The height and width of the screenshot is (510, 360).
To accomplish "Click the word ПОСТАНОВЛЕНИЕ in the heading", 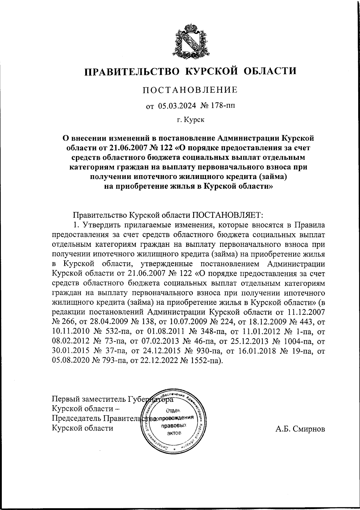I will click(190, 90).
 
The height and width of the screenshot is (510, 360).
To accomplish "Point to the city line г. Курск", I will click(190, 120).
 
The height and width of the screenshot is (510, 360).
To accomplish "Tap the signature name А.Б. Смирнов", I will click(300, 429).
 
